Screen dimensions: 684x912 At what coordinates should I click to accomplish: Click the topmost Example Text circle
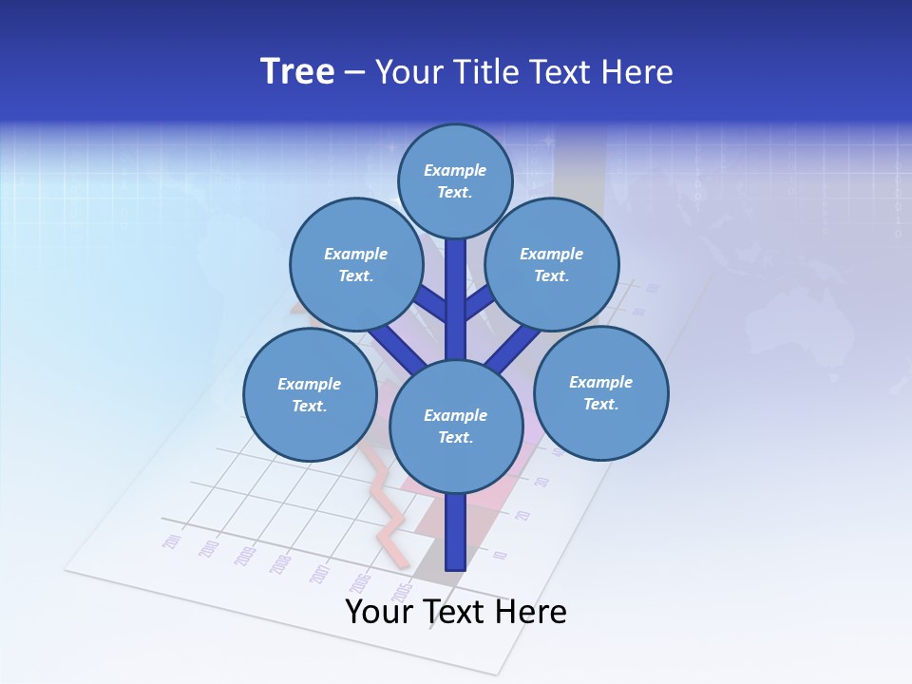click(455, 180)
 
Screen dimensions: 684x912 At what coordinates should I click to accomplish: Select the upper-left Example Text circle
click(356, 265)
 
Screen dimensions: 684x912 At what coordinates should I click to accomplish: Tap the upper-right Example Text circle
click(551, 265)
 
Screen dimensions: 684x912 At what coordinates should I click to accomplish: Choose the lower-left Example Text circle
click(310, 394)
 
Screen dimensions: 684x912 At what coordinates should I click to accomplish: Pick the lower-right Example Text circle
click(600, 392)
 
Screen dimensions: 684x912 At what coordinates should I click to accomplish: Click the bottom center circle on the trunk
click(456, 426)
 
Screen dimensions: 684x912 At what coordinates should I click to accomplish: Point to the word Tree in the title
click(297, 72)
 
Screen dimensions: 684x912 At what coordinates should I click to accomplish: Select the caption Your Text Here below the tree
click(456, 612)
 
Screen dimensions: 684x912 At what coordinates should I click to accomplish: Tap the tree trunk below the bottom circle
click(456, 532)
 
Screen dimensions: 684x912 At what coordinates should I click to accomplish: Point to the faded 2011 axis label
click(172, 541)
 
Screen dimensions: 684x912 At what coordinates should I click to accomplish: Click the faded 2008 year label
click(280, 563)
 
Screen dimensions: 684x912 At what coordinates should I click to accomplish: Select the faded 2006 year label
click(362, 580)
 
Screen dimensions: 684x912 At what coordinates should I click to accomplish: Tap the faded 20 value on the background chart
click(522, 515)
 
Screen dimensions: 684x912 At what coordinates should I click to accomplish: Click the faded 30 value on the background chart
click(541, 482)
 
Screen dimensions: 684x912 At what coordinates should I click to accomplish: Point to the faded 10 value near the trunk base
click(501, 555)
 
